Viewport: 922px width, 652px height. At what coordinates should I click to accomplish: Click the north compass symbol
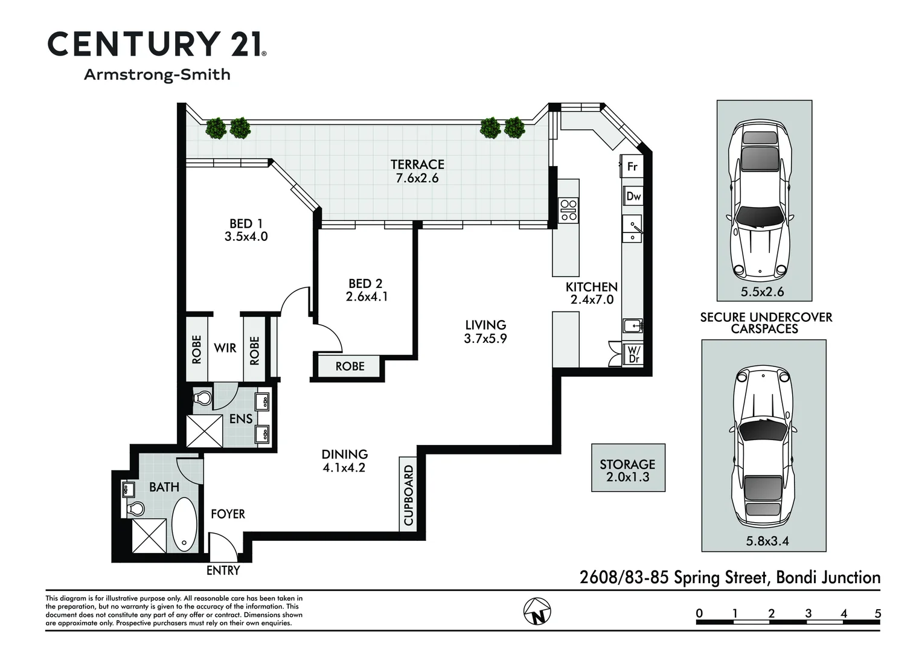coord(537,611)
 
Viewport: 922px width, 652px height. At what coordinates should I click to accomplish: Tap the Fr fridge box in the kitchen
coord(632,166)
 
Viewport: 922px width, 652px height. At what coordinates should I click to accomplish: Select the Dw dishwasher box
coord(633,196)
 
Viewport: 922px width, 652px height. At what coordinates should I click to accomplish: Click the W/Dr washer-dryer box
coord(634,354)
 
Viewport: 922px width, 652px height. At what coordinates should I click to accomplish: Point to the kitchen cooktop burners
coord(568,210)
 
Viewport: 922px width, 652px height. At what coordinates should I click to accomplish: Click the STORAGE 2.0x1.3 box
coord(628,468)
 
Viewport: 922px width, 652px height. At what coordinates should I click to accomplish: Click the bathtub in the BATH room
coord(184,523)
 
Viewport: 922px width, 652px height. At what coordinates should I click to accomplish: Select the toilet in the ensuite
coord(202,398)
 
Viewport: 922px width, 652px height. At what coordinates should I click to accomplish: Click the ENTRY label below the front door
coord(223,570)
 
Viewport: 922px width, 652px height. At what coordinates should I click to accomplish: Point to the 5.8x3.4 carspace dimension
coord(767,541)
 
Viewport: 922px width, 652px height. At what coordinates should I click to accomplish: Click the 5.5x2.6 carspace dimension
coord(763,292)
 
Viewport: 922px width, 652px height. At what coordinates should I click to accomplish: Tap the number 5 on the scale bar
coord(877,614)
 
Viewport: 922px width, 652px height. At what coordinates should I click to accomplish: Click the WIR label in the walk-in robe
coord(225,348)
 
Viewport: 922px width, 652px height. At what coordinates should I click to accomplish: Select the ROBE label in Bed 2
coord(350,366)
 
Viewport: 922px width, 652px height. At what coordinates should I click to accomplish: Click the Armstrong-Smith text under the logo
coord(157,75)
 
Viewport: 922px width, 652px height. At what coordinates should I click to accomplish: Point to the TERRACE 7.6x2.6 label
coord(417,171)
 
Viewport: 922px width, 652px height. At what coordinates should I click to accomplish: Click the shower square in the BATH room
coord(149,536)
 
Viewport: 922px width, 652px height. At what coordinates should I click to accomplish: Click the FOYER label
coord(228,514)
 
